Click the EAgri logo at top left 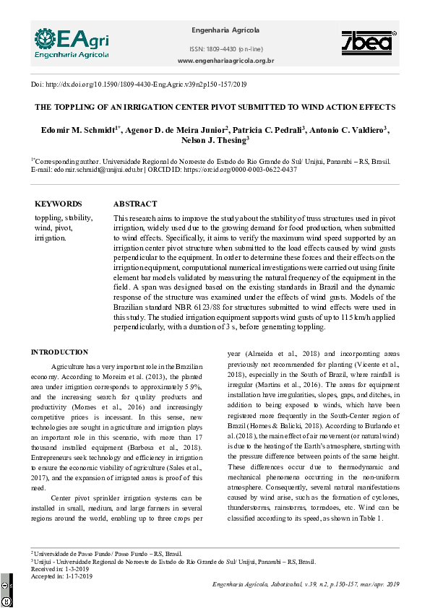tap(71, 43)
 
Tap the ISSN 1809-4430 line tap(226, 48)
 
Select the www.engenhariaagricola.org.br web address tap(225, 61)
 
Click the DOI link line tap(139, 84)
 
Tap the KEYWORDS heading tap(58, 204)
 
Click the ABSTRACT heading tap(134, 204)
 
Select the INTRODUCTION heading tap(59, 352)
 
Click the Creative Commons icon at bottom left tap(6, 593)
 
